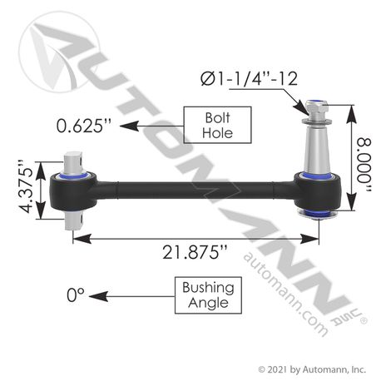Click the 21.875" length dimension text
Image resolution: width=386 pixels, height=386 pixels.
click(x=195, y=252)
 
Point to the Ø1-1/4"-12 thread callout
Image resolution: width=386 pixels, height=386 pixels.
click(x=249, y=79)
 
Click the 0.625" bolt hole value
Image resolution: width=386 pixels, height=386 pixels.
click(x=83, y=126)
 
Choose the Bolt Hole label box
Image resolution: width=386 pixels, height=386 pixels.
click(x=217, y=125)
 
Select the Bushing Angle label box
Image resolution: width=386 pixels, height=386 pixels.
click(x=208, y=295)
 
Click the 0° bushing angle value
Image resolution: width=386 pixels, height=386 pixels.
click(x=76, y=294)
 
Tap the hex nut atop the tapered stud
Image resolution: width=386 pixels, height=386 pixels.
click(x=315, y=107)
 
